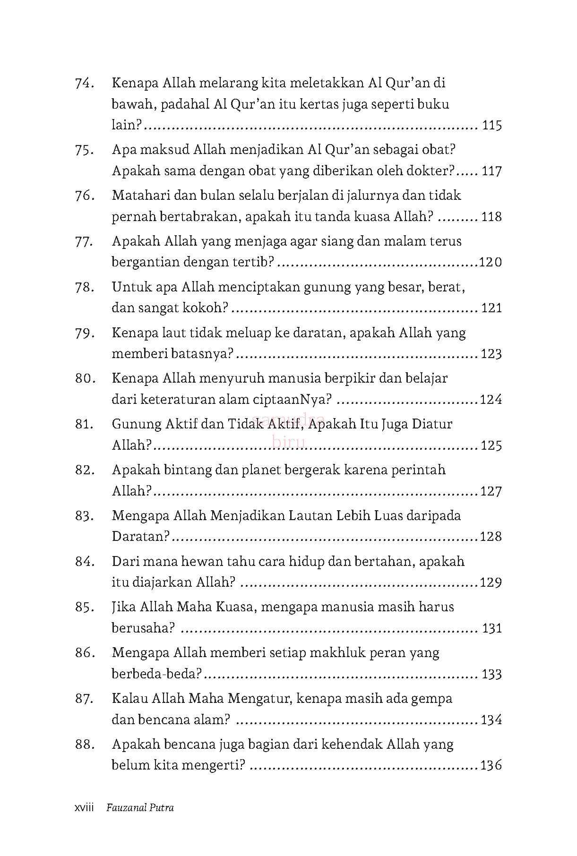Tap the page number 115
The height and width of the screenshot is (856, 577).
coord(491,126)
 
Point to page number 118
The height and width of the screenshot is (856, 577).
coord(491,217)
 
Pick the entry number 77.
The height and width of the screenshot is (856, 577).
coord(84,241)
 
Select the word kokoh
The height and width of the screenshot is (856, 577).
coord(203,308)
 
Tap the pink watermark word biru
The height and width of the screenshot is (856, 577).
coord(289,442)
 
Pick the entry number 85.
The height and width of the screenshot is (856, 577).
coord(84,607)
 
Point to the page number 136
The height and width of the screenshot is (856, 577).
coord(491,766)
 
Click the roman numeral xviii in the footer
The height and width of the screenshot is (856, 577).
coord(85,808)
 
